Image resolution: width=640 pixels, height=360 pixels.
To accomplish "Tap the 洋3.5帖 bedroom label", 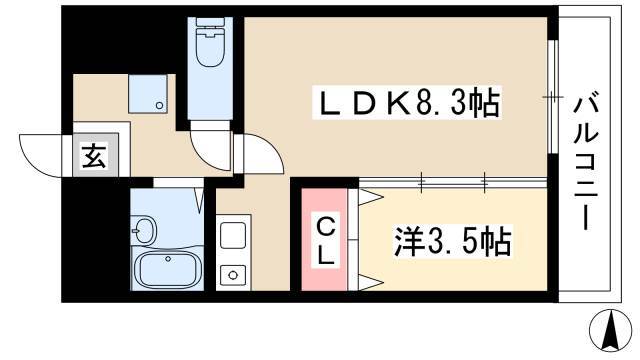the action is coord(452,241).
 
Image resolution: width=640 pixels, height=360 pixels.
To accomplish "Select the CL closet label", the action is coord(325,242).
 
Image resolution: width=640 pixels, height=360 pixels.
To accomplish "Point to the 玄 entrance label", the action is coord(94,156).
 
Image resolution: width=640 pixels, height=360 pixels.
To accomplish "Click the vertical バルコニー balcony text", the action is coord(586,160).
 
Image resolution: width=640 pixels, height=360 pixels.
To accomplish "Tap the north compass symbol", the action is coord(611,331).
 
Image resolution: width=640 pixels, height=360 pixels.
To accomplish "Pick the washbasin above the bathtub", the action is coord(143,231).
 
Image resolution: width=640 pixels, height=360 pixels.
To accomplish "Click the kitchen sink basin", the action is coord(233,236).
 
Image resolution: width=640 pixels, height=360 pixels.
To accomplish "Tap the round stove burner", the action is coord(233,275).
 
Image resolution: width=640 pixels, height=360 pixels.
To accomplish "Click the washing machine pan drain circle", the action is coord(160,106).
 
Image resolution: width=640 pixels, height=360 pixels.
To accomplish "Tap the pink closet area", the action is coord(324,240).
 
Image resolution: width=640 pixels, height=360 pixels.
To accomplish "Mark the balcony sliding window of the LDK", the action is coord(553,97).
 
